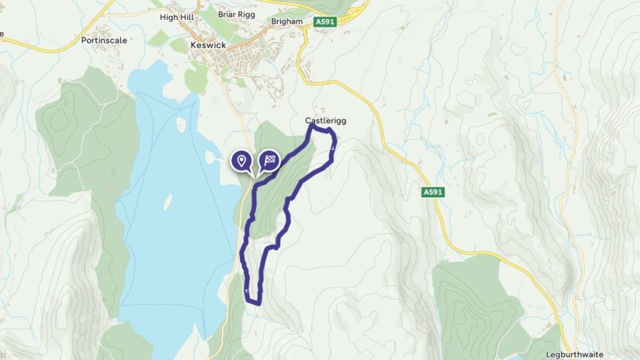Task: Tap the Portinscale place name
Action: point(104,40)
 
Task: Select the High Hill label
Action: point(177,17)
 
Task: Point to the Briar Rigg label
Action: point(236,14)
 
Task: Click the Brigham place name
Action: point(287,21)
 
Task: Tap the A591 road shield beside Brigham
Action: point(325,21)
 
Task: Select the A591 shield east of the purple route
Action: point(432,192)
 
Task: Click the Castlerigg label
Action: point(326,120)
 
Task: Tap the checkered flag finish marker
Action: point(269,160)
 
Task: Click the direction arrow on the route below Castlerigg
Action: point(333,147)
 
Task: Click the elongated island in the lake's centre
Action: point(168,201)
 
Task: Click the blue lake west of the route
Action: point(175,250)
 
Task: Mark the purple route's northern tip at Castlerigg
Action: point(312,126)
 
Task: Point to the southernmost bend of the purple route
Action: point(256,304)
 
